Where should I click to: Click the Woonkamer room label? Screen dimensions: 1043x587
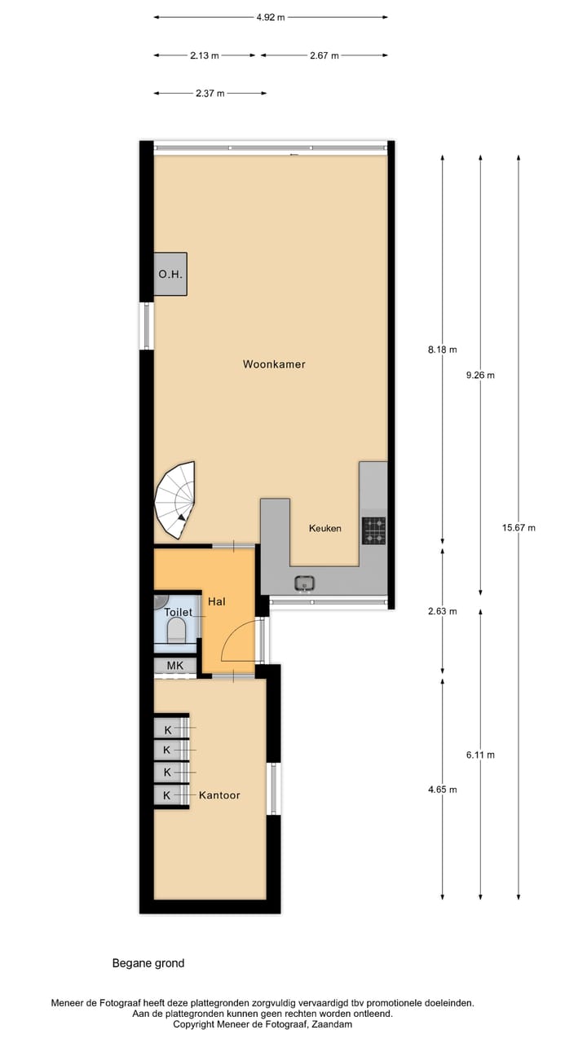pos(274,364)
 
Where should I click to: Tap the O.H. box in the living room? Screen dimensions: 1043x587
pos(170,275)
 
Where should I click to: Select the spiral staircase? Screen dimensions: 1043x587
pos(177,499)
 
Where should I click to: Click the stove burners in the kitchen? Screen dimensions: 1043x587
pos(374,530)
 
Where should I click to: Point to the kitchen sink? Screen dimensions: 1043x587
pos(305,583)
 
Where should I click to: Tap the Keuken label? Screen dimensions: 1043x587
pos(324,528)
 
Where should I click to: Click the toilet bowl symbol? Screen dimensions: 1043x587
pos(175,630)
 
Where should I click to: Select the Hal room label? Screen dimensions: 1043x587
pos(216,601)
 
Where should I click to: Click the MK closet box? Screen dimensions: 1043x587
pos(174,666)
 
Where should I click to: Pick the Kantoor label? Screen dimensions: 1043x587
pos(219,794)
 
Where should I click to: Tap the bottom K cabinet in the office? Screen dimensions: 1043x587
pos(168,795)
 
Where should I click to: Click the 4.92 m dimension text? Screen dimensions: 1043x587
pos(270,17)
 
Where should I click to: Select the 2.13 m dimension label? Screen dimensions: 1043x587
pos(205,55)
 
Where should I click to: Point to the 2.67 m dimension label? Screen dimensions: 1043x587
pos(324,55)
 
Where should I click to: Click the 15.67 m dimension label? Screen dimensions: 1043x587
pos(519,527)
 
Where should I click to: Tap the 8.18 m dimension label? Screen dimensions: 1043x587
pos(443,350)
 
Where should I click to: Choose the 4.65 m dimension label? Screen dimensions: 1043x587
pos(443,790)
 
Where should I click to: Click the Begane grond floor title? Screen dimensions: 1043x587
pos(148,963)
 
